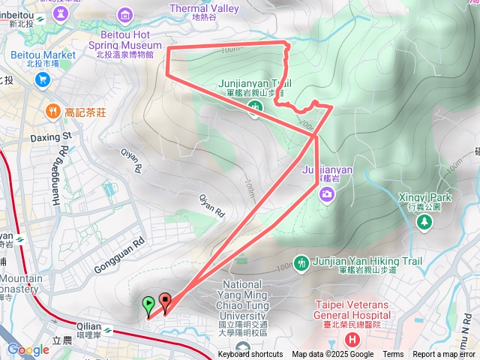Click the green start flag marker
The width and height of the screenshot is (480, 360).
coord(148,304)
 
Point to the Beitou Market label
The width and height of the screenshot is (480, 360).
coord(43,55)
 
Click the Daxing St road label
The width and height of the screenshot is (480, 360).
coord(50,137)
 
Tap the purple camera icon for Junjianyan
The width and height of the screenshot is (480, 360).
coord(327,195)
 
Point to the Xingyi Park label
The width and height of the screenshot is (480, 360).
coord(425,197)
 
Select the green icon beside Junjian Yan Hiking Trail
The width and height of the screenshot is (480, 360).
coord(301,262)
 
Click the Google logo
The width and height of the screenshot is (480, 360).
coord(28,349)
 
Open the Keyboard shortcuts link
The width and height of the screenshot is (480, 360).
coord(250,355)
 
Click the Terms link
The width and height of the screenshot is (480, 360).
coord(393,355)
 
